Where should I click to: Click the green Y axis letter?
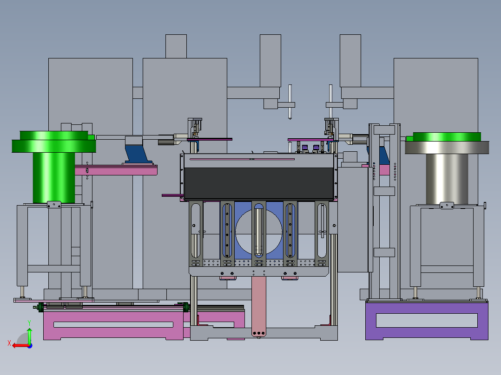click(29, 323)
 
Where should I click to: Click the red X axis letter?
click(9, 343)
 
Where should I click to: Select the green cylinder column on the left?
click(54, 177)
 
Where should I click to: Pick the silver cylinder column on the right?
click(447, 179)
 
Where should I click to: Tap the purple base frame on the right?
click(427, 320)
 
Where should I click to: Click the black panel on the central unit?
click(259, 183)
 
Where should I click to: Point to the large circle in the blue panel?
click(259, 232)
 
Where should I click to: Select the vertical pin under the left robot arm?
click(290, 102)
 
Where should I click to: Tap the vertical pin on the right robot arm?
click(331, 102)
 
